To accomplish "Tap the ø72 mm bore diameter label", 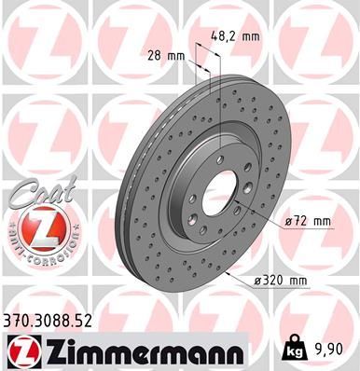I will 307,221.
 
